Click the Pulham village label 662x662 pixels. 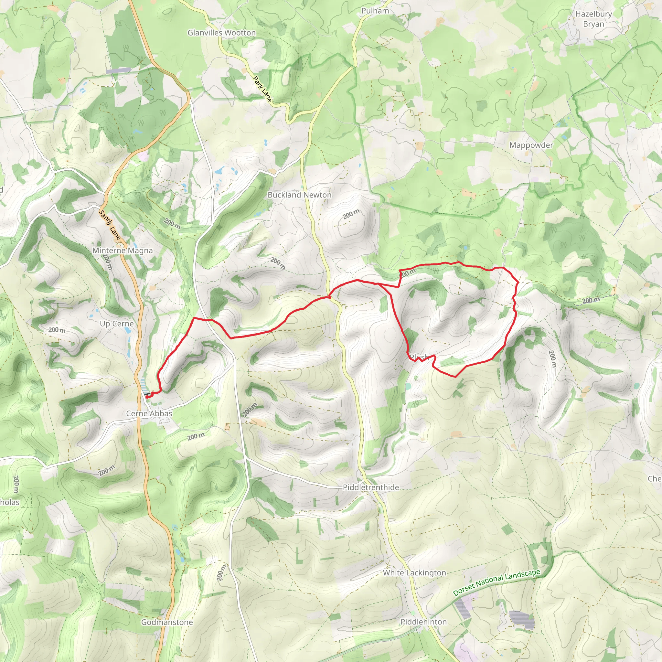pyautogui.click(x=375, y=11)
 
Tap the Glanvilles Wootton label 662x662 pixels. pyautogui.click(x=221, y=33)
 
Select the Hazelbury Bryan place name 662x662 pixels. pyautogui.click(x=593, y=19)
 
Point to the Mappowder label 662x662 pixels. pyautogui.click(x=531, y=145)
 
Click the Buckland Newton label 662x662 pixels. pyautogui.click(x=299, y=195)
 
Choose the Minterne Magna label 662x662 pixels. pyautogui.click(x=122, y=251)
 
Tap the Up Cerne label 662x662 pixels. pyautogui.click(x=116, y=324)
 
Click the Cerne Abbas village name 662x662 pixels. pyautogui.click(x=149, y=413)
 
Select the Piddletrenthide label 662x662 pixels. pyautogui.click(x=371, y=487)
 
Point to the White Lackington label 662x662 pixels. pyautogui.click(x=414, y=572)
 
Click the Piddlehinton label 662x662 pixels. pyautogui.click(x=423, y=622)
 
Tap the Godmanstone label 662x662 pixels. pyautogui.click(x=167, y=622)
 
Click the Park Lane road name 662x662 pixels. pyautogui.click(x=262, y=90)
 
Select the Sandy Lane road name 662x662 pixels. pyautogui.click(x=110, y=225)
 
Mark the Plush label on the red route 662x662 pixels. pyautogui.click(x=419, y=357)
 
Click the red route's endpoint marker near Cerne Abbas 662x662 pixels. pyautogui.click(x=147, y=396)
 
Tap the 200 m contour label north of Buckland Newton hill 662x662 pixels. pyautogui.click(x=351, y=214)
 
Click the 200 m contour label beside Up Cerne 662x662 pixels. pyautogui.click(x=57, y=330)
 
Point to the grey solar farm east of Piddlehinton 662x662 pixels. pyautogui.click(x=521, y=620)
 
